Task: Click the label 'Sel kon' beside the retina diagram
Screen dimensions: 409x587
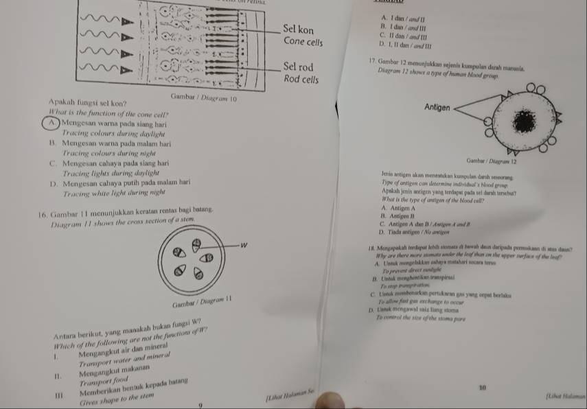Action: pyautogui.click(x=299, y=31)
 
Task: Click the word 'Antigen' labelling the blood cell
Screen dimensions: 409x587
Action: pyautogui.click(x=437, y=108)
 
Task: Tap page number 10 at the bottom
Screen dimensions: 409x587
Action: pyautogui.click(x=483, y=388)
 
